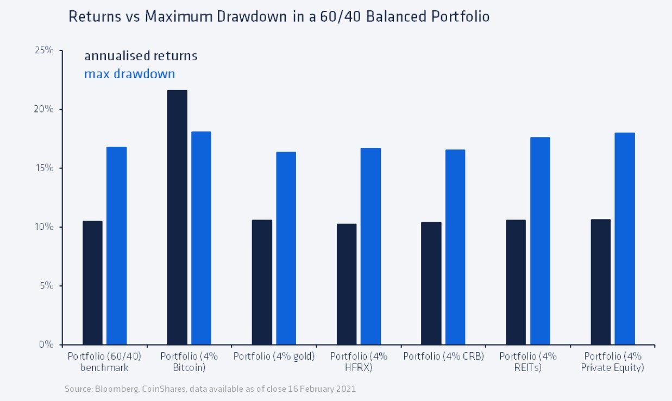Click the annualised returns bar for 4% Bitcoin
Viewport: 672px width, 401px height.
(x=177, y=217)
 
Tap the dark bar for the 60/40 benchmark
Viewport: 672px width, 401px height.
(x=92, y=283)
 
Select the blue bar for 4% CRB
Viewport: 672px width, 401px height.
(x=455, y=247)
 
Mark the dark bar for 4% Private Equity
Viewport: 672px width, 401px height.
(x=601, y=282)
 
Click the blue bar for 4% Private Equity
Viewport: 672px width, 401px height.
(x=625, y=239)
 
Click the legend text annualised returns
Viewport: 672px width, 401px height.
(x=140, y=56)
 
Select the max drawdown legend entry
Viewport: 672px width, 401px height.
(x=129, y=73)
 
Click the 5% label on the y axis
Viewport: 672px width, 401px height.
(x=47, y=285)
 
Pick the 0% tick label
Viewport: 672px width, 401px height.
(x=47, y=344)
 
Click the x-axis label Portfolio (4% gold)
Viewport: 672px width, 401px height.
(x=274, y=356)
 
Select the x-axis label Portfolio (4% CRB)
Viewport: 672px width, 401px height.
(x=443, y=356)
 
